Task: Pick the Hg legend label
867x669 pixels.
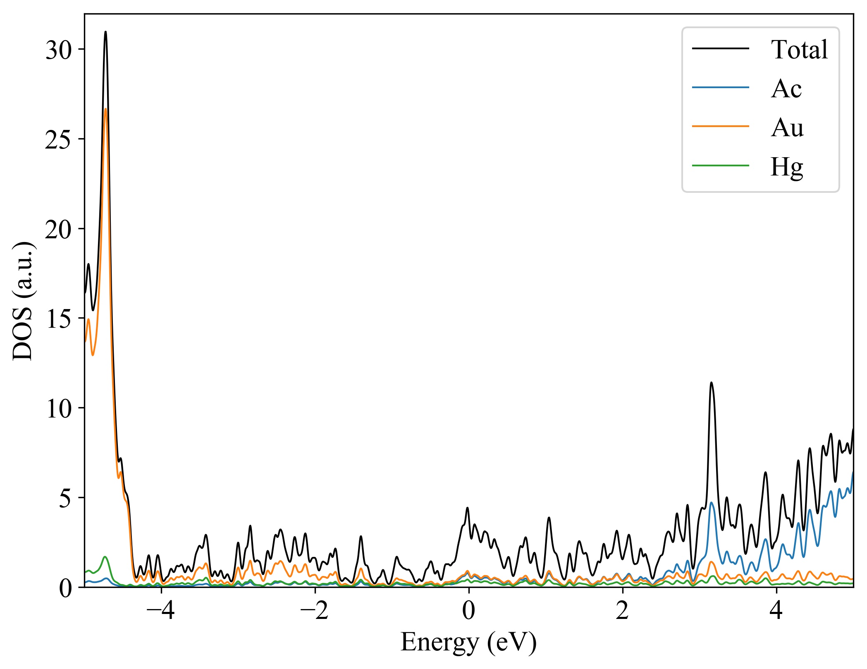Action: (786, 167)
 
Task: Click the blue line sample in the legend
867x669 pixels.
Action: (720, 87)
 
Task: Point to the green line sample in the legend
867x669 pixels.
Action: (720, 165)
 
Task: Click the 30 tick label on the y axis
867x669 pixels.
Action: (59, 50)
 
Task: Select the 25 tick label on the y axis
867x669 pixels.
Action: (59, 140)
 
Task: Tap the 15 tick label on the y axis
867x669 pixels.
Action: (59, 319)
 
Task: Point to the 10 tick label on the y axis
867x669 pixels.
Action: (59, 409)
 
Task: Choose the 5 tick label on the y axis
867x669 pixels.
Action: (66, 499)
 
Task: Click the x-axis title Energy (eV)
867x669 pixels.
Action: (468, 643)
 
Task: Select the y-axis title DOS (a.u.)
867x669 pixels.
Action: (23, 301)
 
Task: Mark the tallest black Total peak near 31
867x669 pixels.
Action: (105, 32)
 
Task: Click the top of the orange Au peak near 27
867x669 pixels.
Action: (105, 109)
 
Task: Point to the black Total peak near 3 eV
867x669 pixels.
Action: (711, 383)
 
